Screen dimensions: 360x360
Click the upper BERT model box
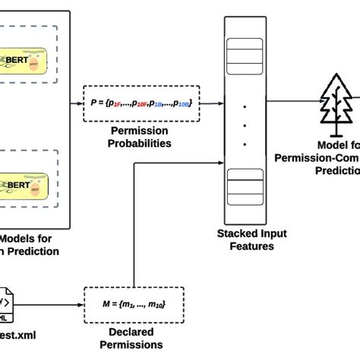click(26, 59)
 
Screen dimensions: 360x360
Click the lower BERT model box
click(26, 185)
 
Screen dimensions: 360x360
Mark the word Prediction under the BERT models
click(30, 251)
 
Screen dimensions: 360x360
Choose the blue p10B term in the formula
click(184, 101)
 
